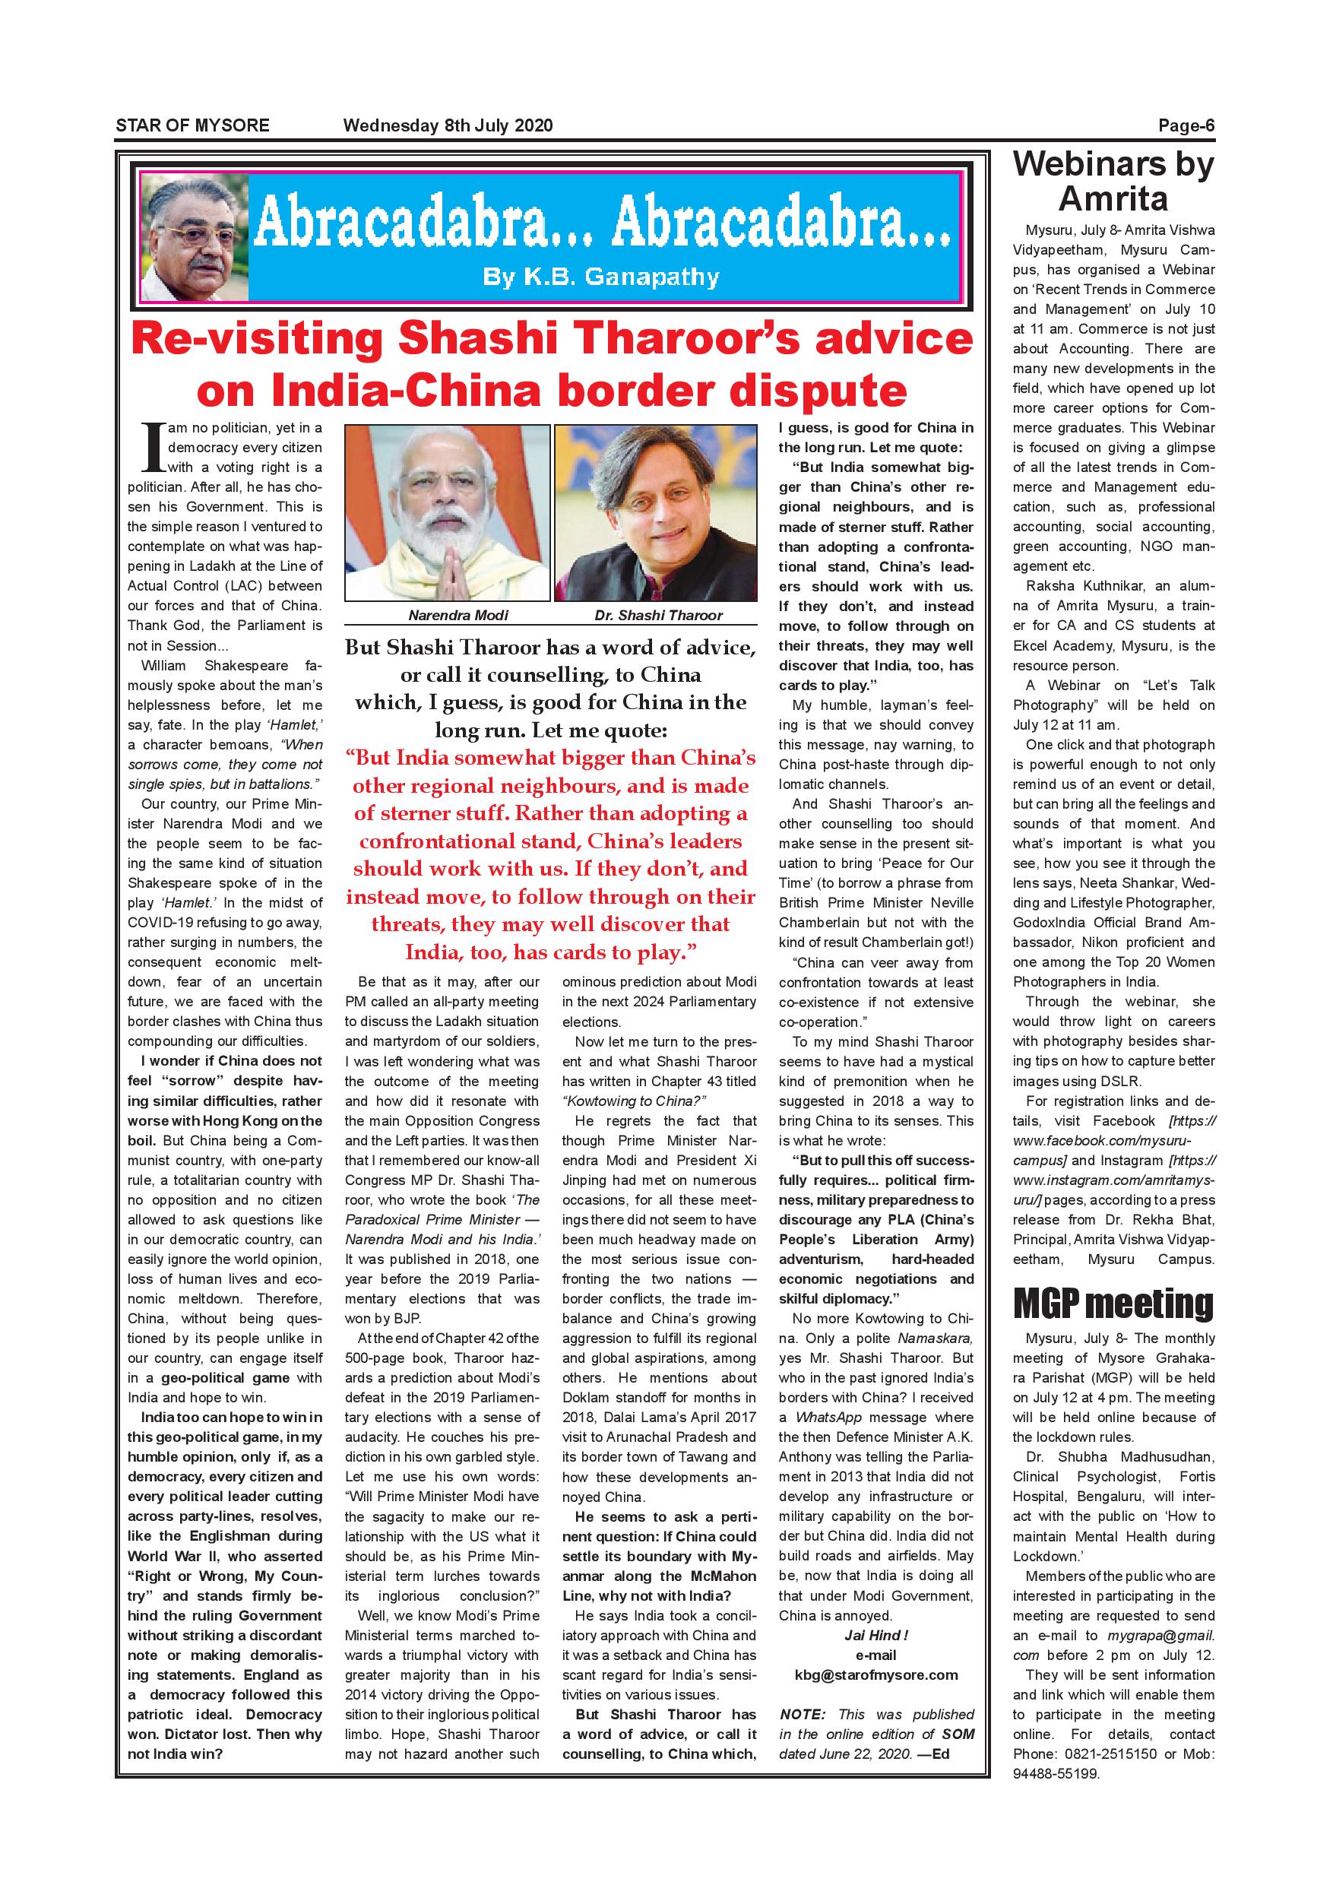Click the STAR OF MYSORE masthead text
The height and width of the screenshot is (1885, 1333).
pos(192,125)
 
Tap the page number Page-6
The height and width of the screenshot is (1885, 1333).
pos(1186,125)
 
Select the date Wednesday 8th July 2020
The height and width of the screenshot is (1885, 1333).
pos(448,125)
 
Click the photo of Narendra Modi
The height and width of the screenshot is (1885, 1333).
pos(447,513)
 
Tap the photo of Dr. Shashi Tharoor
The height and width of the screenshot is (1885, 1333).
pos(656,513)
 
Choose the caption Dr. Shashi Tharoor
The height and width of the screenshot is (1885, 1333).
pos(658,615)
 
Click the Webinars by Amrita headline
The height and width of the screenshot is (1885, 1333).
pos(1113,181)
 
